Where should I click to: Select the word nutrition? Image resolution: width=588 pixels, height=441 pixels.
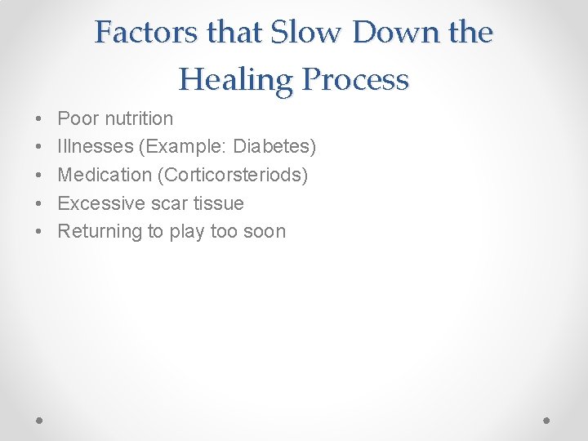tap(138, 118)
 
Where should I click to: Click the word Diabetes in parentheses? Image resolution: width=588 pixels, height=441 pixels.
tap(276, 147)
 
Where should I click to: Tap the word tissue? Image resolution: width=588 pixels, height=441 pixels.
tap(218, 203)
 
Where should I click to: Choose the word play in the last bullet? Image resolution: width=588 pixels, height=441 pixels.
tap(187, 232)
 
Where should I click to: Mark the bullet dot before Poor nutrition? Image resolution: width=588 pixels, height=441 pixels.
tap(40, 119)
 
